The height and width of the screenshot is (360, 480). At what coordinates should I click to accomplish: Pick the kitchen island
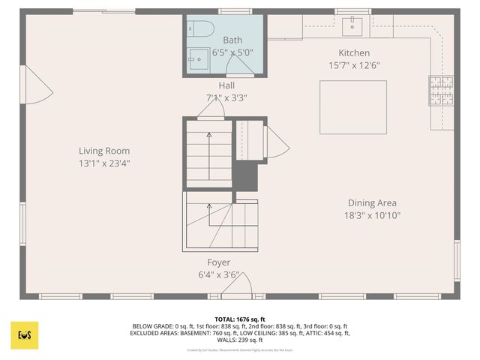coord(353,106)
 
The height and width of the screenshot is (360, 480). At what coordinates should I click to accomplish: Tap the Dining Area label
coord(372,202)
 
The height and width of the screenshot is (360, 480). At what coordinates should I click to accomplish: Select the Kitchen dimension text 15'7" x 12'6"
coord(354,65)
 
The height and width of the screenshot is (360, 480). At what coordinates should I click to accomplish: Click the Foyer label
coord(219,262)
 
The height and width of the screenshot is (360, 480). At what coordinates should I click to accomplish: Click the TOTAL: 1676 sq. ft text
coord(240,319)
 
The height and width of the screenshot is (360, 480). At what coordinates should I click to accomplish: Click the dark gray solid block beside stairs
coord(244,177)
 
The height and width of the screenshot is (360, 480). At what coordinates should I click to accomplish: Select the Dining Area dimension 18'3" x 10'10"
coord(372,215)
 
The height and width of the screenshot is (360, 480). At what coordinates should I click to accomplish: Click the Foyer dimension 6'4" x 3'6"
coord(219,275)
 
